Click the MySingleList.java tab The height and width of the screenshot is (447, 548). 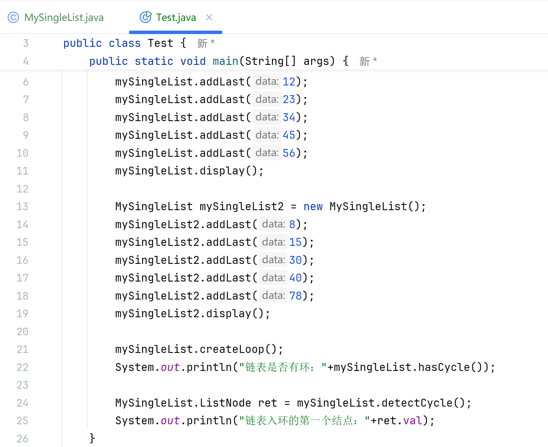[64, 17]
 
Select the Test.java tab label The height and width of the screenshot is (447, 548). [176, 17]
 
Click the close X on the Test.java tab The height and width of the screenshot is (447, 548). [209, 17]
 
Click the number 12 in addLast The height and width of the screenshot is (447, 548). [289, 82]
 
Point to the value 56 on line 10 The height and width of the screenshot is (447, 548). [289, 153]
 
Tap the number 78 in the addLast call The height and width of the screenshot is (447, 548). [295, 296]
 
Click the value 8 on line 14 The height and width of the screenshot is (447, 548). [292, 225]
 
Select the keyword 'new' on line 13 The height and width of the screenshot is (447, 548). [313, 207]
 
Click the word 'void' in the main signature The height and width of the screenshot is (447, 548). [193, 61]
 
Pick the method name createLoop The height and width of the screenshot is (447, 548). [232, 349]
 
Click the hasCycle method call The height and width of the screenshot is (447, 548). [444, 367]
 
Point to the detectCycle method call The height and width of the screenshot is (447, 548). [417, 403]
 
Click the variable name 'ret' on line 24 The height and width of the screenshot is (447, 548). [267, 403]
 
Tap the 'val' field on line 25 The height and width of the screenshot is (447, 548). [413, 421]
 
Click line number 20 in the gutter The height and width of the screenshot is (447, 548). [22, 332]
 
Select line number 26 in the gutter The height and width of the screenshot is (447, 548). [22, 439]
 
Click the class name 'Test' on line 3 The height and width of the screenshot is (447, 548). [160, 43]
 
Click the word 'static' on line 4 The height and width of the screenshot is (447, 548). [154, 61]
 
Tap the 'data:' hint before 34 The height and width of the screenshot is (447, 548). [267, 117]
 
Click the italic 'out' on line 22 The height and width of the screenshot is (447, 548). [170, 367]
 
